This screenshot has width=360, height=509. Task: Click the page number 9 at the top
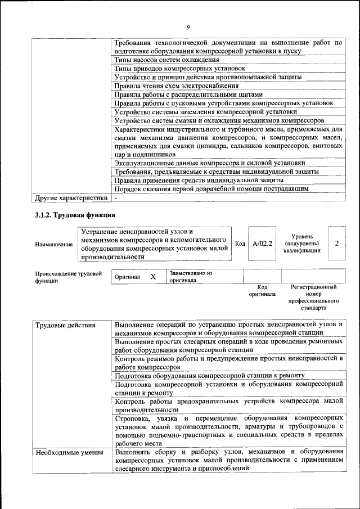point(188,27)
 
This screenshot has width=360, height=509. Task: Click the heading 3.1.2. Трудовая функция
point(75,215)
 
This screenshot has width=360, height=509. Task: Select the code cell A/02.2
point(262,244)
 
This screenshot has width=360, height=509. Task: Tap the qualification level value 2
point(336,244)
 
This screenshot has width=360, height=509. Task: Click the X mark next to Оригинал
point(152,277)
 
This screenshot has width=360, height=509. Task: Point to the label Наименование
point(53,244)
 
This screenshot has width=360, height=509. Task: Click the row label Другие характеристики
point(70,198)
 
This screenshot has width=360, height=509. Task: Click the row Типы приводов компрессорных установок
point(173,68)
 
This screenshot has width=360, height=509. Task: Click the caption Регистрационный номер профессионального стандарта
point(313,298)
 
